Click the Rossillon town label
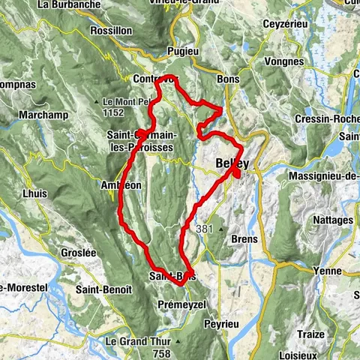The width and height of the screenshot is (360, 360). coord(110,31)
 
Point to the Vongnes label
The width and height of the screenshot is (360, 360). coord(286,61)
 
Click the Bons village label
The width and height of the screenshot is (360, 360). coord(226,78)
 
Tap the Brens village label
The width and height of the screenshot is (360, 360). coord(244,239)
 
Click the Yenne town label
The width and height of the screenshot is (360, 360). coord(327,271)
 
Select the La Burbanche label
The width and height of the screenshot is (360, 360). coord(63,4)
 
